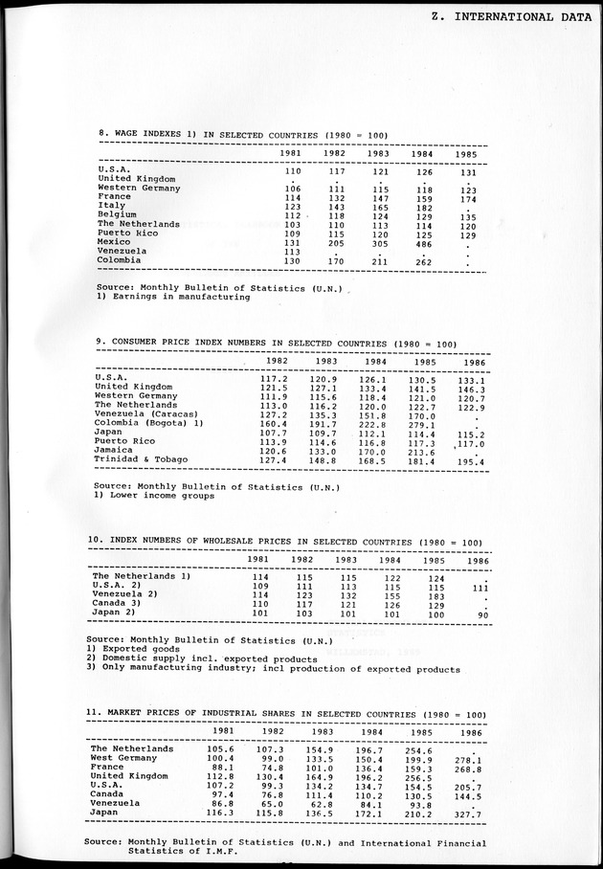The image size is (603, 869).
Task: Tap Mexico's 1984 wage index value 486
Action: [421, 244]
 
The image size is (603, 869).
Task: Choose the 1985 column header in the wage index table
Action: [466, 153]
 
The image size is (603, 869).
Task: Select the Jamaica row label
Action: [115, 450]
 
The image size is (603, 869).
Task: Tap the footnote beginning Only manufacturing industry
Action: [273, 670]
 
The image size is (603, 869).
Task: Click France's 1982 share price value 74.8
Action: [272, 768]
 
